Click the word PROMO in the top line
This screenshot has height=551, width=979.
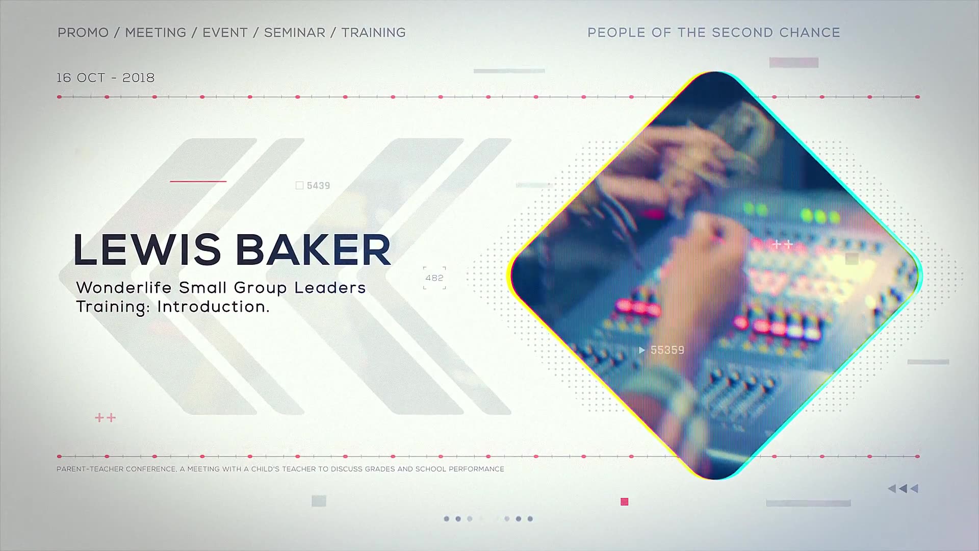pos(83,33)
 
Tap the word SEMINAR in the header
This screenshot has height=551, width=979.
pos(295,33)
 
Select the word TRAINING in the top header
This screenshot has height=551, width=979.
pos(374,33)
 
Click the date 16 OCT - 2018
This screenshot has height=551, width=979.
pos(106,78)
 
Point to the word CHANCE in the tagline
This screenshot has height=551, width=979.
pos(810,33)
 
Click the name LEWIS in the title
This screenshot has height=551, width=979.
pos(147,250)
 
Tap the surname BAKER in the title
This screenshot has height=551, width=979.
pos(313,250)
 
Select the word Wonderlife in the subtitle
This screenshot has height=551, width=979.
pos(124,288)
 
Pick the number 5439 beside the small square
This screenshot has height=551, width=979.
pos(319,186)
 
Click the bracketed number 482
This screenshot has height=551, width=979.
pos(434,278)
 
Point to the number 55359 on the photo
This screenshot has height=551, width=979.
pos(667,350)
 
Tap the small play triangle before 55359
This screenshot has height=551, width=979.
pos(642,350)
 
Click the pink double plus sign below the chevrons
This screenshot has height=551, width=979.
pos(106,418)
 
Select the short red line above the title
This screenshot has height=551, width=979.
pos(198,181)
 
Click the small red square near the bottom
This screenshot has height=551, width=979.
pos(625,502)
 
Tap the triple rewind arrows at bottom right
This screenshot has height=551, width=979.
pos(903,489)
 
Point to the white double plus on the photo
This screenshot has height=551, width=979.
pos(782,244)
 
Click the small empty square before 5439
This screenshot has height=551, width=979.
pos(300,186)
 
